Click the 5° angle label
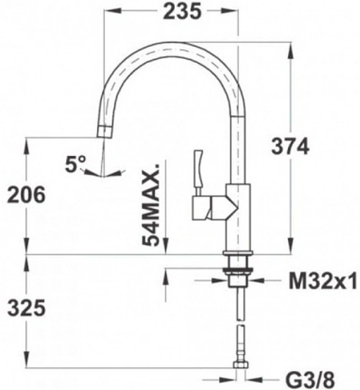tap(76, 163)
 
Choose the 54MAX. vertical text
tap(154, 204)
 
